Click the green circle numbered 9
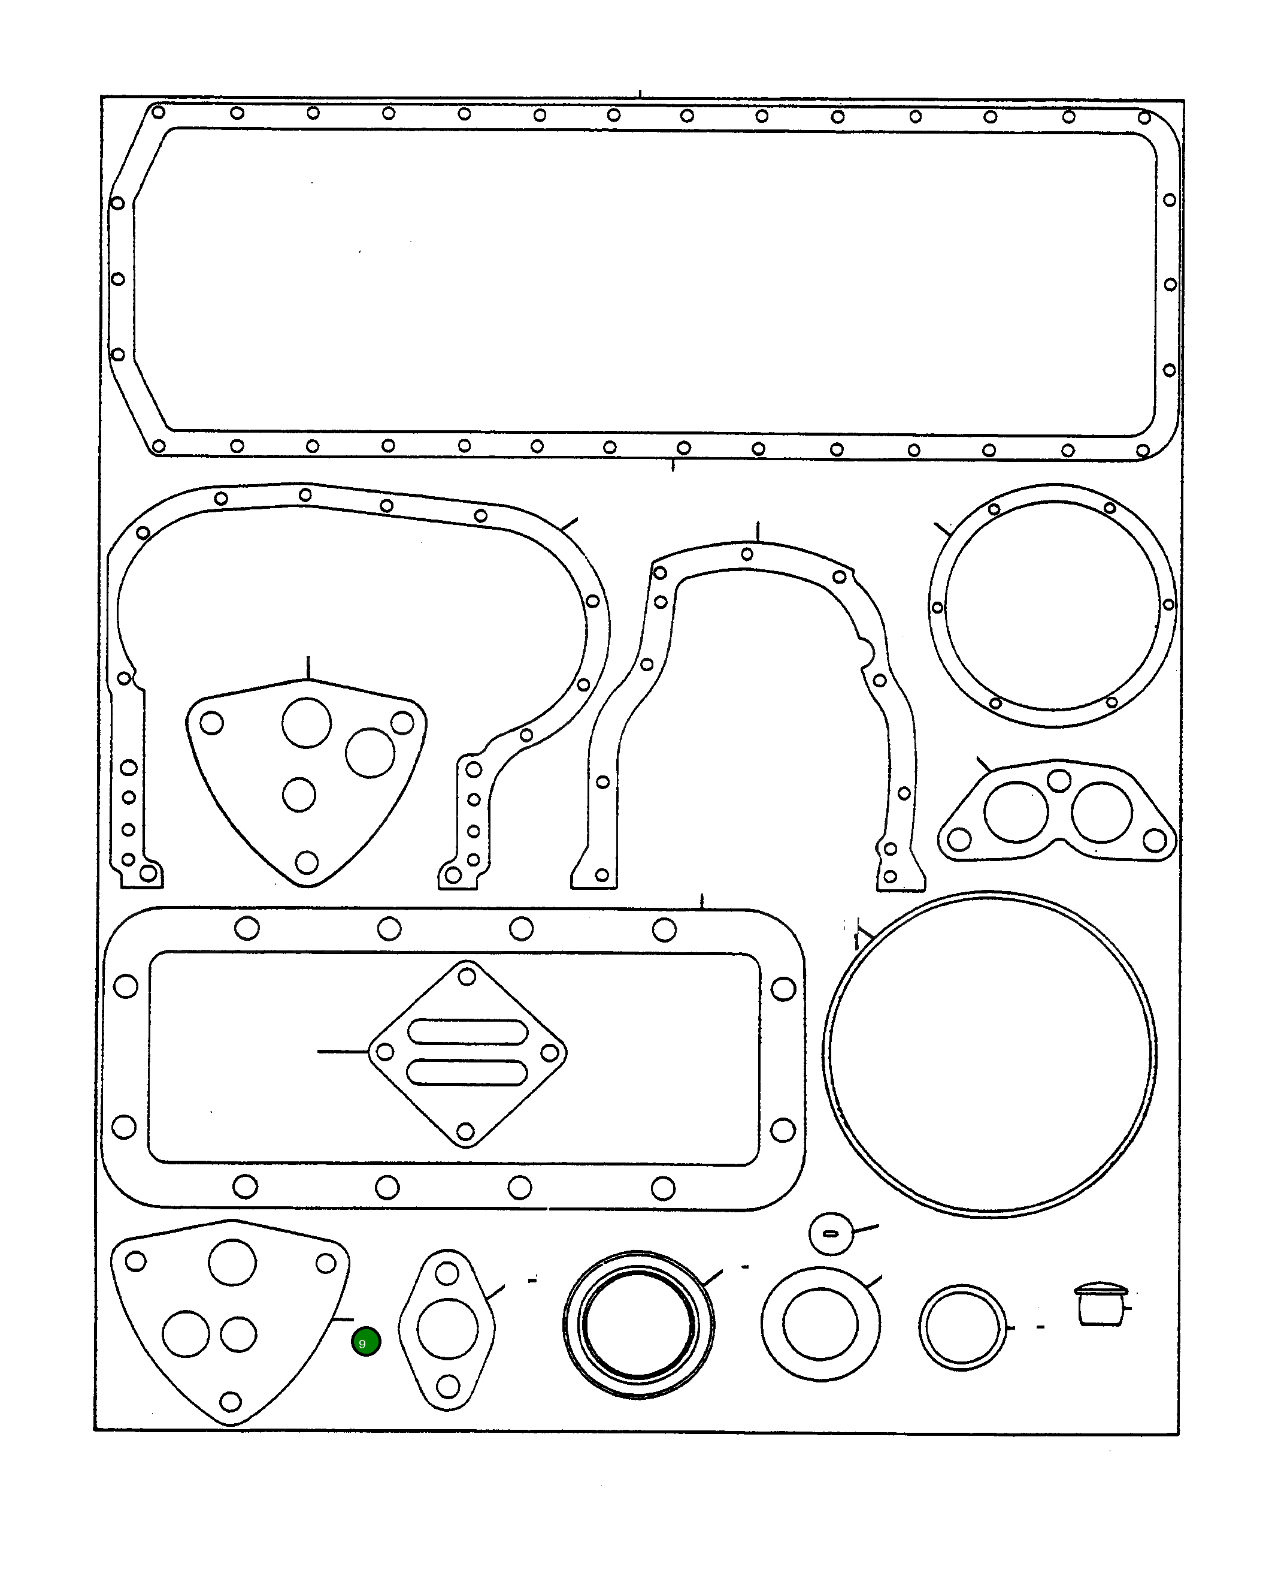[366, 1342]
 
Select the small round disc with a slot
[831, 1234]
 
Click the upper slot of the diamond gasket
[467, 1031]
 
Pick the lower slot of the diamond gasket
[467, 1072]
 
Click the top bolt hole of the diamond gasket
[467, 976]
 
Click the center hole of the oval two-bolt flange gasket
[447, 1329]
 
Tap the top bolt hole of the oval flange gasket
[447, 1273]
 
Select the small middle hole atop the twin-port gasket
[1058, 780]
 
